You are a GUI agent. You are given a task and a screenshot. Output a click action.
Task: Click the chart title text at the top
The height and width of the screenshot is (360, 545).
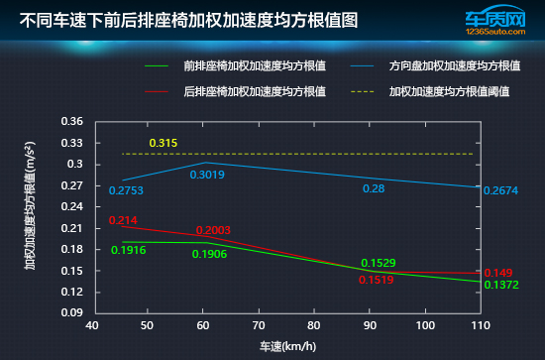click(x=189, y=20)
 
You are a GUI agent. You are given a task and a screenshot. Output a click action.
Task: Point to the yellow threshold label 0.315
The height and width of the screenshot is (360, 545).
click(x=163, y=144)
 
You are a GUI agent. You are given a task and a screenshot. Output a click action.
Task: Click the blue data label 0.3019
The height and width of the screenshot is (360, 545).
click(x=207, y=175)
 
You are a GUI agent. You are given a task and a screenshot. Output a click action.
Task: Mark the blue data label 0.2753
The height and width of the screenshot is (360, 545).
click(x=127, y=190)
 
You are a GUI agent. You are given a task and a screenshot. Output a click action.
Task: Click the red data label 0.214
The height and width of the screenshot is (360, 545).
click(x=123, y=220)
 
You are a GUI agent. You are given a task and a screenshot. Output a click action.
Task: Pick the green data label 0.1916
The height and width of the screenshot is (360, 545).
click(x=129, y=250)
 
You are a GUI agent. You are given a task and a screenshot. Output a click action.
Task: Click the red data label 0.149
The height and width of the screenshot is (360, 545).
click(x=496, y=272)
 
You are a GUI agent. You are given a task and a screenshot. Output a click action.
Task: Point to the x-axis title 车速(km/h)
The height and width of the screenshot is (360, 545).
click(x=287, y=346)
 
